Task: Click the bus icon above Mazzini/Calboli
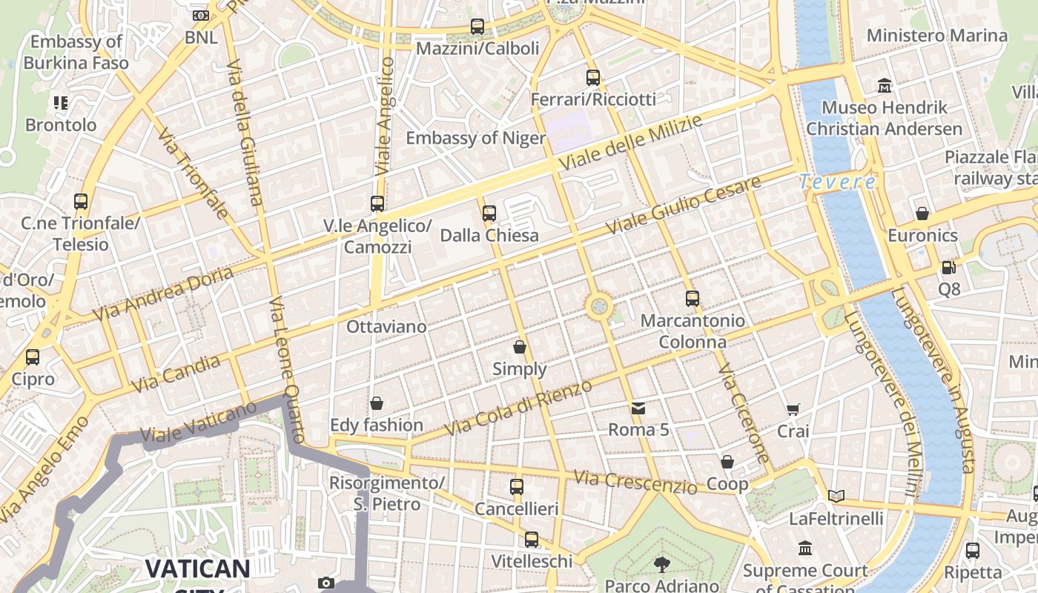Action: [477, 27]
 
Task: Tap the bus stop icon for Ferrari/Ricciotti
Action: [592, 77]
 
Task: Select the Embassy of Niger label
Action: [475, 138]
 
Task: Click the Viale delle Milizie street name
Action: [630, 143]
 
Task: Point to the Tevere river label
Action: [837, 182]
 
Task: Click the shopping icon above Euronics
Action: [922, 213]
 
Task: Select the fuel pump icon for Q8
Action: [948, 267]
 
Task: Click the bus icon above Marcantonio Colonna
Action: [692, 299]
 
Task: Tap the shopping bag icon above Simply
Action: [520, 346]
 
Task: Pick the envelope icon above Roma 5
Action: [638, 408]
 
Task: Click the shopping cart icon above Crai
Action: [793, 409]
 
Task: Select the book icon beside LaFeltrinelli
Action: [836, 496]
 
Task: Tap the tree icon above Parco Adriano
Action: [661, 565]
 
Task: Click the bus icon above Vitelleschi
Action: [531, 540]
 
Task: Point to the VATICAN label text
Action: [197, 569]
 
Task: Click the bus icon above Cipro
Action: [33, 357]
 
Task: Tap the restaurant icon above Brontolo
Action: [61, 103]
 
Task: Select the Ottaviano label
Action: [386, 327]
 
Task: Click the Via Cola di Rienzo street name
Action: [518, 408]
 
